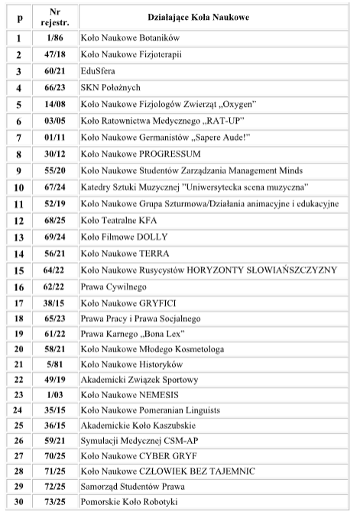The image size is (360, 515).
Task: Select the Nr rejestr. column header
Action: click(54, 16)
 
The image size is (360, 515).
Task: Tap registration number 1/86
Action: click(54, 37)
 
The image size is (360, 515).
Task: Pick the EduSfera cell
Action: click(98, 70)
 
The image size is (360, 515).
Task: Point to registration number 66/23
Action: click(54, 87)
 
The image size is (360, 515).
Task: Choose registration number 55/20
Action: click(54, 170)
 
